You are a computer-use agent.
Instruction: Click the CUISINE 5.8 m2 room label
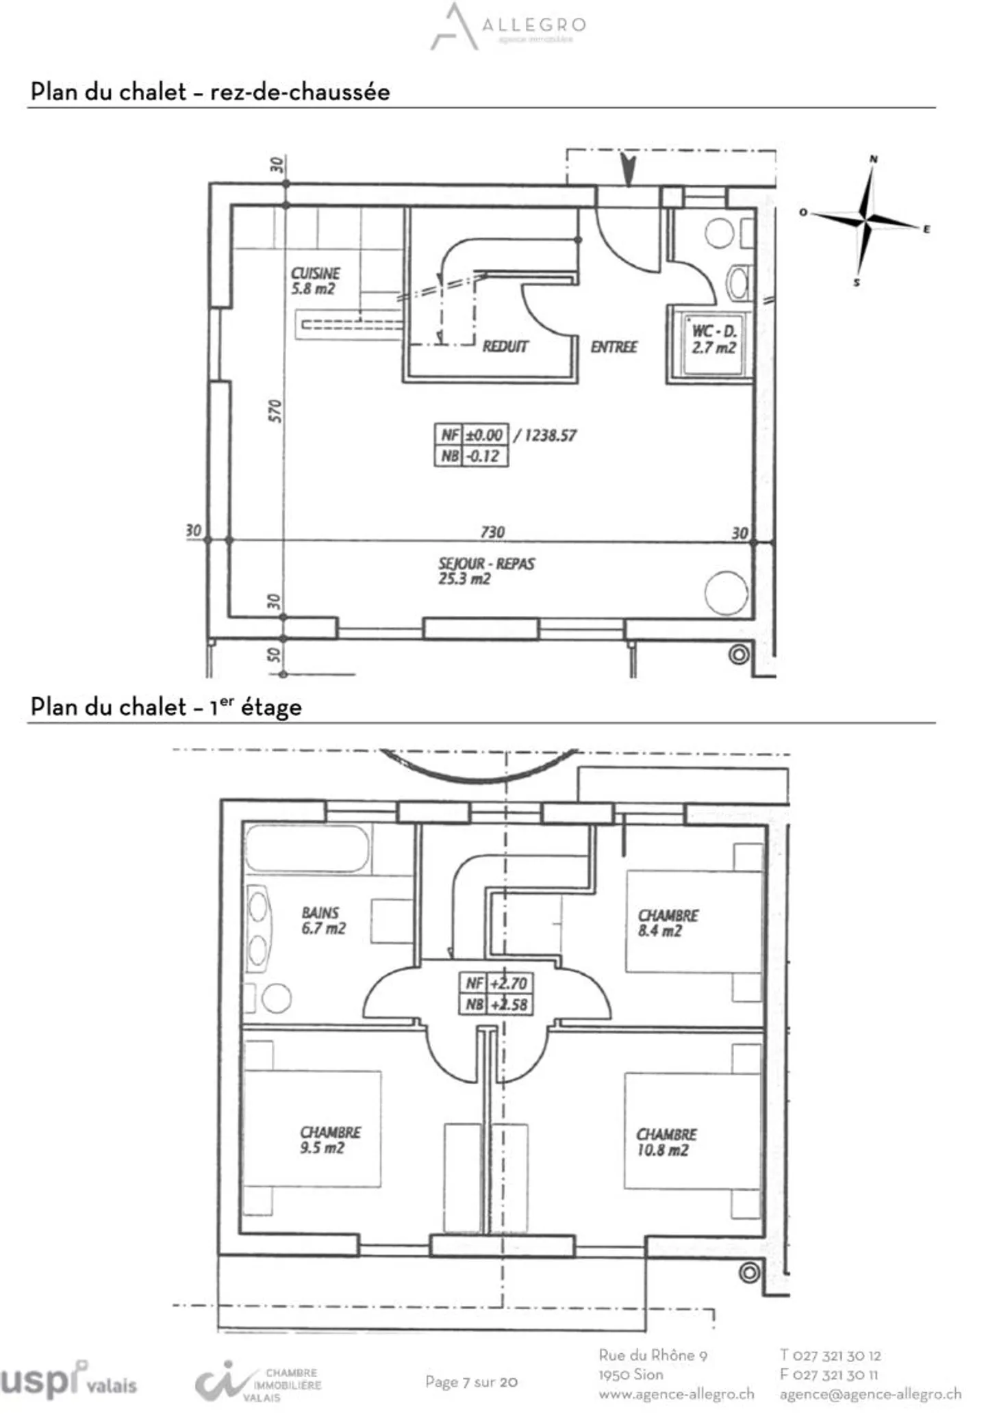(315, 281)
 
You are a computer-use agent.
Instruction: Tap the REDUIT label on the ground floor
(505, 346)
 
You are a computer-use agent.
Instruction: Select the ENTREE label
(614, 347)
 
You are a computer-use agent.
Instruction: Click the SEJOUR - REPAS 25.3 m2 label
(485, 571)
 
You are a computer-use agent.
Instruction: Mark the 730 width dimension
(492, 532)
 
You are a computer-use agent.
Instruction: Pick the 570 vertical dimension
(275, 411)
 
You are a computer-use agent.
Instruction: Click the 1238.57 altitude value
(550, 435)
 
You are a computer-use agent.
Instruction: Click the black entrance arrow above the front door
(628, 169)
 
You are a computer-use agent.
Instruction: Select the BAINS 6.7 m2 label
(323, 921)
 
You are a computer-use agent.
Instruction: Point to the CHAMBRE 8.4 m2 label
(668, 923)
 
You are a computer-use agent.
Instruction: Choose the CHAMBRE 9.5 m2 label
(329, 1140)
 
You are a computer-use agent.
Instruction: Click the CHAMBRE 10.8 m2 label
(666, 1142)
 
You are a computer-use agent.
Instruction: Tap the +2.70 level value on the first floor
(508, 983)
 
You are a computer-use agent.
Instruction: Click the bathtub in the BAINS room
(307, 849)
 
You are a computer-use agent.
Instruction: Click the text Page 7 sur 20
(471, 1382)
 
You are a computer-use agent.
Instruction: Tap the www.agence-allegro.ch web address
(676, 1393)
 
